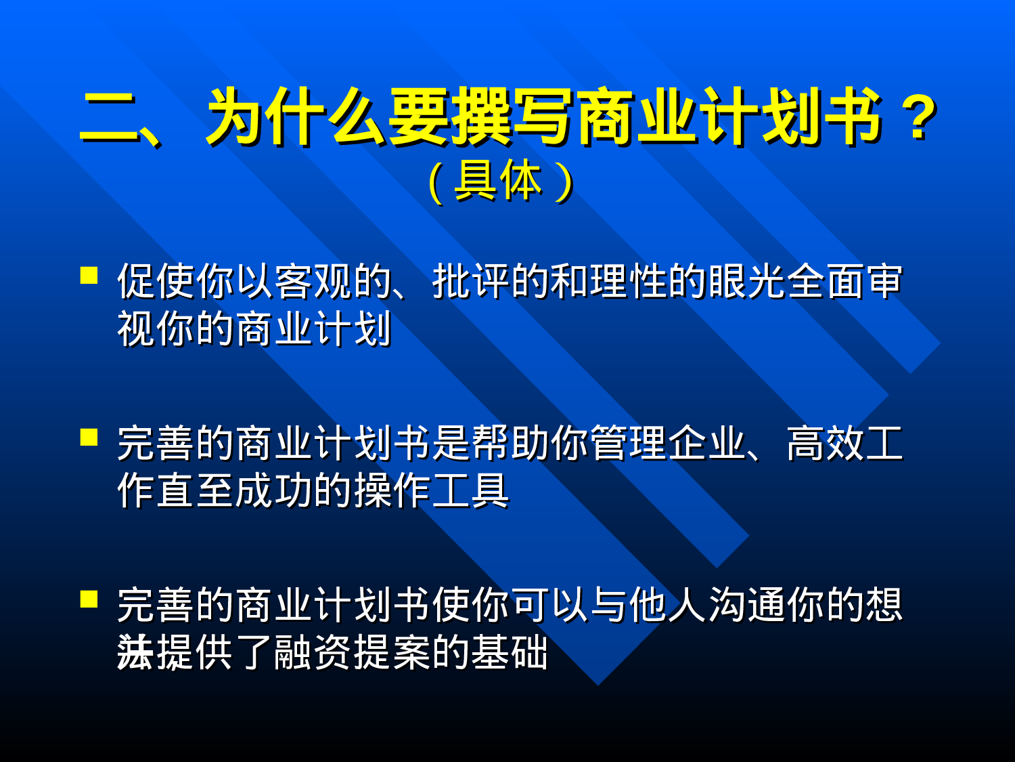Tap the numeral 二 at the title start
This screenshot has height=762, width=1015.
[x=108, y=119]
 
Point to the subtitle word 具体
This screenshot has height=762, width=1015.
[x=498, y=181]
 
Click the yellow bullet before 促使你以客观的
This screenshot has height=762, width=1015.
[x=89, y=275]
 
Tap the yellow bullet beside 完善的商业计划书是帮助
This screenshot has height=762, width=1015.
[x=89, y=437]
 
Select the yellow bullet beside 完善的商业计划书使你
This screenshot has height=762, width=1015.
[x=89, y=599]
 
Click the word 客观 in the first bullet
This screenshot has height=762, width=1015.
[x=313, y=281]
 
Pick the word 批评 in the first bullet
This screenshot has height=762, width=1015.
[x=472, y=281]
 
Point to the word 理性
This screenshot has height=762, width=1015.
[x=629, y=281]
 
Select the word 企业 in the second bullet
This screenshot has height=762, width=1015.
[x=708, y=444]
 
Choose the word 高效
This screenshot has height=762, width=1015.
[x=826, y=444]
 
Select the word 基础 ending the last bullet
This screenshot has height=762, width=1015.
[x=511, y=652]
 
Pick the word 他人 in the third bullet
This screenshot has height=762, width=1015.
[x=669, y=605]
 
